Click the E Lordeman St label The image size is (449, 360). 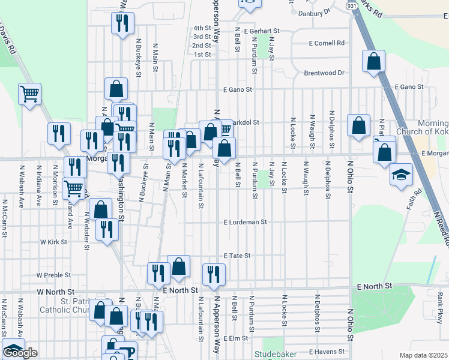(x=244, y=222)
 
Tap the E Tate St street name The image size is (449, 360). (x=237, y=256)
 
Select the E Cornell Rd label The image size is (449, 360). (x=327, y=43)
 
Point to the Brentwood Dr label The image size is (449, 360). (x=324, y=73)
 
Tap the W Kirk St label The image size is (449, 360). (x=53, y=242)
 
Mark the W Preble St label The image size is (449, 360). (x=53, y=275)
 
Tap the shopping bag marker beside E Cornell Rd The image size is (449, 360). (x=373, y=61)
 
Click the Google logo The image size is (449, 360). (x=20, y=353)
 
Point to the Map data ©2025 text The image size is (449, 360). (x=423, y=355)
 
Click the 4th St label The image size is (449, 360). (x=202, y=28)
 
